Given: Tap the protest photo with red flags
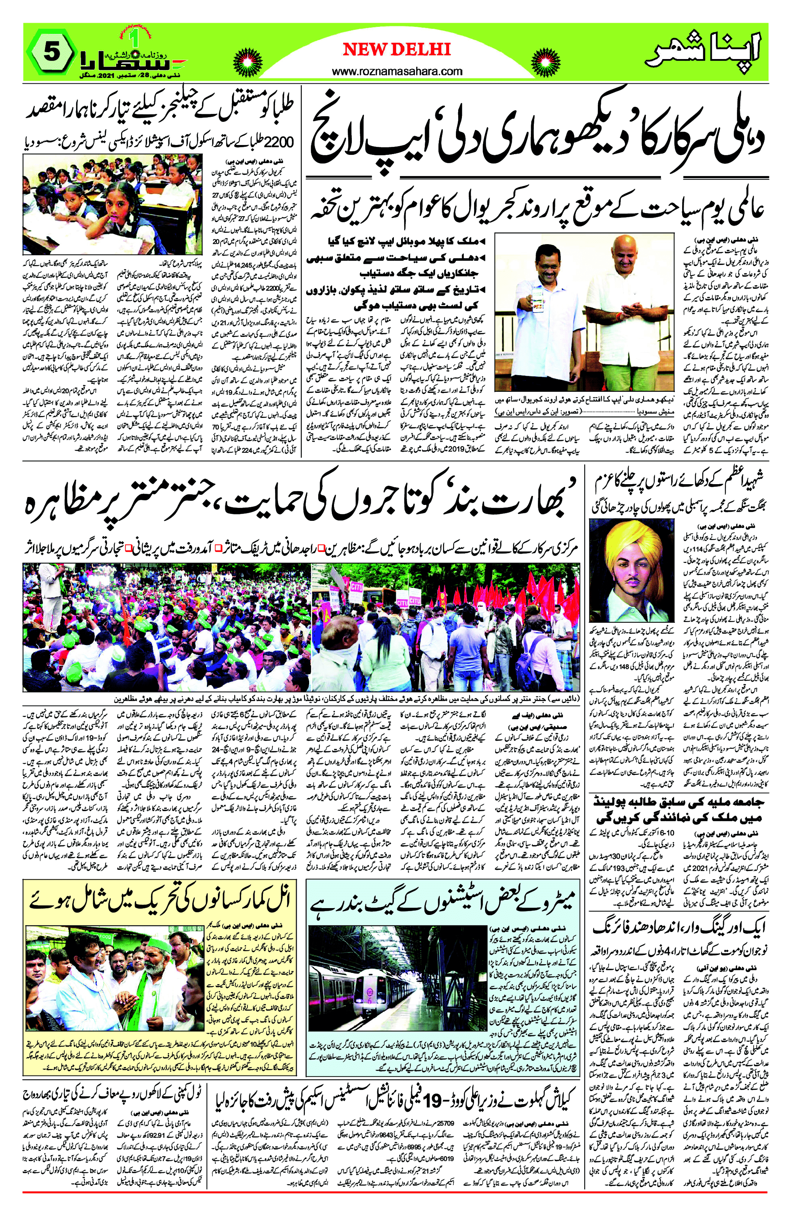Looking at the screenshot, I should pos(449,626).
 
